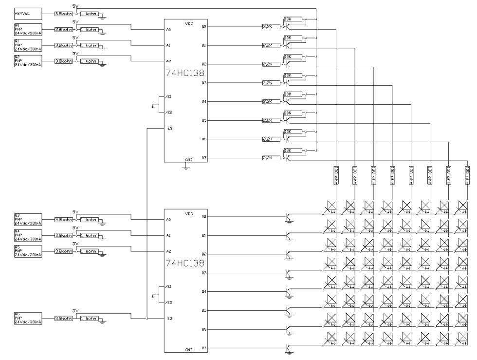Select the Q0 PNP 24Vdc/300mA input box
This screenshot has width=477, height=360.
28,29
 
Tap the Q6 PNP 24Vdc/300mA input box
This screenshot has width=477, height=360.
28,318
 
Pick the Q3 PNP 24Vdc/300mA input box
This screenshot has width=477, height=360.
28,219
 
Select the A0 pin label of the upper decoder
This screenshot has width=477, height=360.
168,30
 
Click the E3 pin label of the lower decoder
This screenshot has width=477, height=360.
168,319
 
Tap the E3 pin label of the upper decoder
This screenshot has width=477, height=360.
168,128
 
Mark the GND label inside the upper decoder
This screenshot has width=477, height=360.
189,159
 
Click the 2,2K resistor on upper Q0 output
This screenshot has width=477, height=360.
268,26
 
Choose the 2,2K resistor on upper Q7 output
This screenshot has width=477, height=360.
268,157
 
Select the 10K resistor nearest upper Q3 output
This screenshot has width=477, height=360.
288,76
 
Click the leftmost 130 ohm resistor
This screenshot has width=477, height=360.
336,173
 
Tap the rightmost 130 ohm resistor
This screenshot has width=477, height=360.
467,173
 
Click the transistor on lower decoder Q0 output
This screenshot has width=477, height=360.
289,218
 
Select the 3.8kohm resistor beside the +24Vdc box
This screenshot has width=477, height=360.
64,15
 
